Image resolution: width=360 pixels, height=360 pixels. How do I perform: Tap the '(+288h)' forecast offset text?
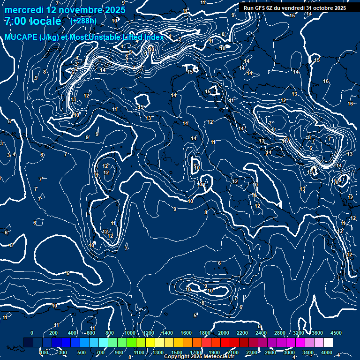84,21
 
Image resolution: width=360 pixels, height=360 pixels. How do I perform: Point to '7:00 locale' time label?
33,21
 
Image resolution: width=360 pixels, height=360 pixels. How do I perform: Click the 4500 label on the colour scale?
336,333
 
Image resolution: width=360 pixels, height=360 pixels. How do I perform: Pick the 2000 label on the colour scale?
224,333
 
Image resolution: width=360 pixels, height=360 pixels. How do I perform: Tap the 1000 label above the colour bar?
130,333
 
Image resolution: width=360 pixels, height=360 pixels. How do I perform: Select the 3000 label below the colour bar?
289,352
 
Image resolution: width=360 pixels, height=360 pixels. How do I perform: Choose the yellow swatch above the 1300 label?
159,343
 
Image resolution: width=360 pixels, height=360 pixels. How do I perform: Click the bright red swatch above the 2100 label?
234,343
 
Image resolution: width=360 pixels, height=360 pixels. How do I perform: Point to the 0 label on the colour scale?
32,333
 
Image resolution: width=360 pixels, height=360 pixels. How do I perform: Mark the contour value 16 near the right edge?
350,104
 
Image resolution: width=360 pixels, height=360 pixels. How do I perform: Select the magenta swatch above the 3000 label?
290,343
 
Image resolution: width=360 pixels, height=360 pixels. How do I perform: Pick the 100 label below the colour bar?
45,352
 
